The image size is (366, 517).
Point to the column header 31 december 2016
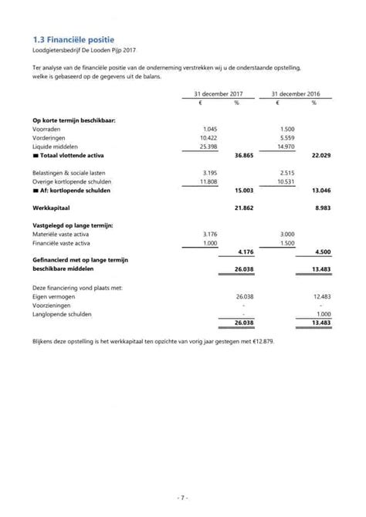point(297,93)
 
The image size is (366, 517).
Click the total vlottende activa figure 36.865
point(245,155)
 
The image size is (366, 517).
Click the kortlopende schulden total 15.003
point(245,190)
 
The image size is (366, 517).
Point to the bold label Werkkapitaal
point(53,208)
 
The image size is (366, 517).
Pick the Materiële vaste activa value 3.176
point(208,234)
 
